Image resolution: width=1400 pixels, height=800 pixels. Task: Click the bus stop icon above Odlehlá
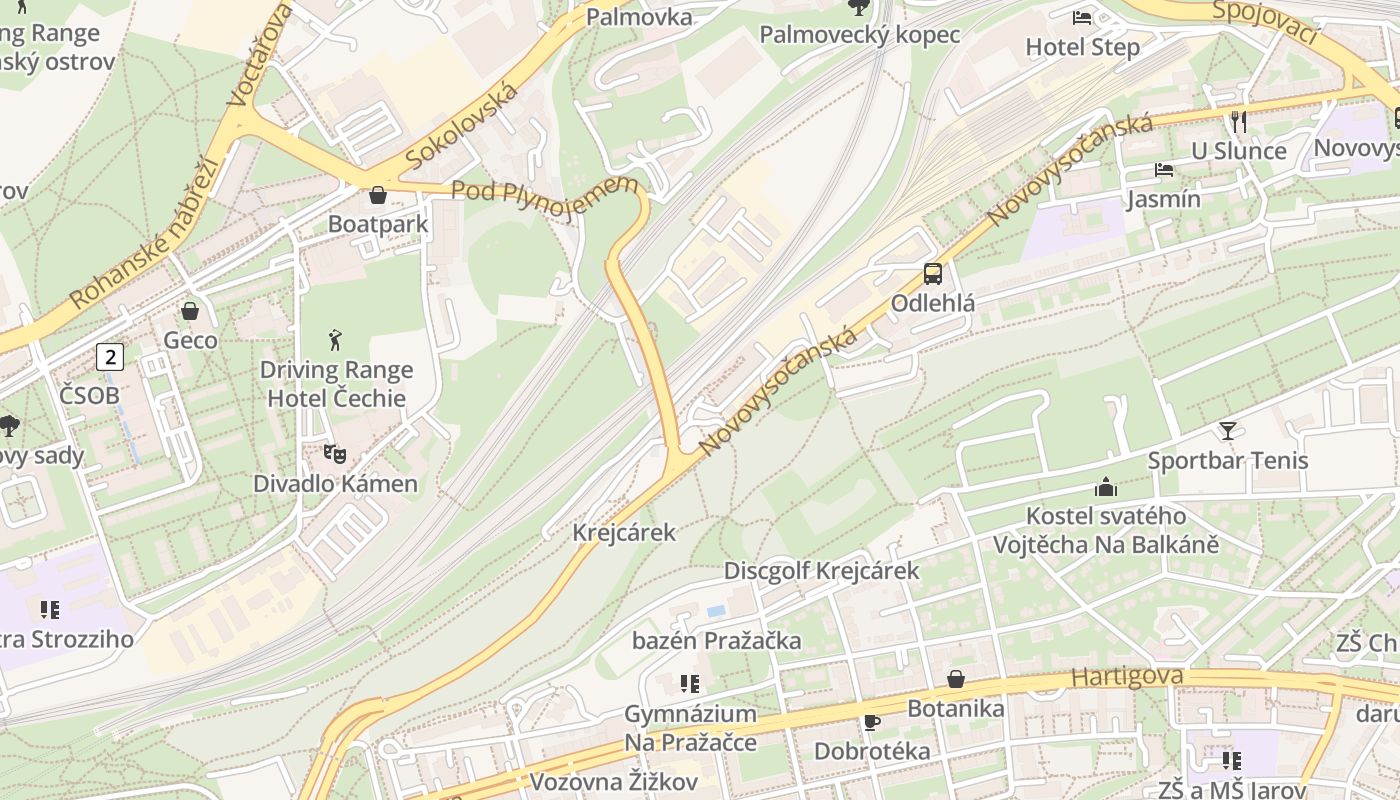(932, 273)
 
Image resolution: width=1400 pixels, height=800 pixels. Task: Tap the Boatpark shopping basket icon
(378, 195)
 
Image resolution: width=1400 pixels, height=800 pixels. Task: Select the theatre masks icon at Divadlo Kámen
(335, 454)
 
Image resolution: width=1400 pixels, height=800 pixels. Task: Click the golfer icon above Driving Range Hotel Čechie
(335, 340)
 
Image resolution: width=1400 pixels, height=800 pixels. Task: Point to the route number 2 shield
(110, 356)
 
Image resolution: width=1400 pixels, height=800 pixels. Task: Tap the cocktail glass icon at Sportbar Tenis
(1227, 431)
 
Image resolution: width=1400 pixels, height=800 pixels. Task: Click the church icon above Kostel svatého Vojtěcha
(1105, 487)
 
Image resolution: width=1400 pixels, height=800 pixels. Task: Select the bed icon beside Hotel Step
(1082, 17)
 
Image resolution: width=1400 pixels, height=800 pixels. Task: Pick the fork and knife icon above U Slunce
(1238, 121)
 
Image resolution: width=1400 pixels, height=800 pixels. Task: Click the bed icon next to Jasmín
(1163, 169)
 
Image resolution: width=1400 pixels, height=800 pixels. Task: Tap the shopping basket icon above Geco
(190, 311)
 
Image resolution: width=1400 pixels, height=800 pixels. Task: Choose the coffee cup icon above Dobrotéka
(871, 722)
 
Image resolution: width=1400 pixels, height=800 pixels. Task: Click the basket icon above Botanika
(956, 679)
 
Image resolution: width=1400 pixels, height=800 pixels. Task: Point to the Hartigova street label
(1127, 677)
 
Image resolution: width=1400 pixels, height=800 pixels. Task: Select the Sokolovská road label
(462, 126)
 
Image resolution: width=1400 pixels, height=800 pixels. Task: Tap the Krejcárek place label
(624, 532)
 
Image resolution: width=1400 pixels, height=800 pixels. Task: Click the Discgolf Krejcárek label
(821, 571)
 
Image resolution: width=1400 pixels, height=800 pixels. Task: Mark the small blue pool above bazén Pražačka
(716, 610)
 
